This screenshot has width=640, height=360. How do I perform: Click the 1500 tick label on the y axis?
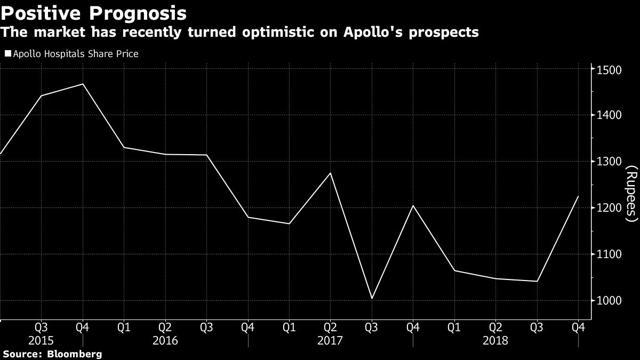click(x=608, y=70)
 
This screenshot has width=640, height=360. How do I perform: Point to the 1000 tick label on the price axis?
click(x=608, y=301)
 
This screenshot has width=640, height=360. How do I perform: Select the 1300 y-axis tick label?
click(x=608, y=162)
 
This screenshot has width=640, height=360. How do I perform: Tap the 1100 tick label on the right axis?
click(x=608, y=255)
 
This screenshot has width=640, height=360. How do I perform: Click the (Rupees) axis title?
click(x=631, y=193)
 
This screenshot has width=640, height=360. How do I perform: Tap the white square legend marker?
click(x=8, y=53)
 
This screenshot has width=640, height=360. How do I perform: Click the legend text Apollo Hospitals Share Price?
click(x=76, y=54)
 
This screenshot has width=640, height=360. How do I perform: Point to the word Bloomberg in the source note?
click(x=75, y=354)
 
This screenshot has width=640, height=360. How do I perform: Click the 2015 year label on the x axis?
click(x=41, y=340)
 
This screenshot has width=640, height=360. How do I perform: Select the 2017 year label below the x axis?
click(x=330, y=340)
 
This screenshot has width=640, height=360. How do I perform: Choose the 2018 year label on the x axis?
click(x=495, y=340)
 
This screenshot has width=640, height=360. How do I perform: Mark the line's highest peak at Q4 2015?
click(x=83, y=84)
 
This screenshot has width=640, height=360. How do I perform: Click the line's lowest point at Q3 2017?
click(x=372, y=298)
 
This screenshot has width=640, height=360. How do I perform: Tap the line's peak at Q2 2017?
click(x=330, y=173)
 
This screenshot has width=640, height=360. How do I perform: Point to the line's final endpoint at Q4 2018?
click(x=578, y=196)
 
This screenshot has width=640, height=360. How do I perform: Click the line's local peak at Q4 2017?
click(x=413, y=206)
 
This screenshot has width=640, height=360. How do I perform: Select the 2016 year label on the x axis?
click(x=165, y=340)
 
